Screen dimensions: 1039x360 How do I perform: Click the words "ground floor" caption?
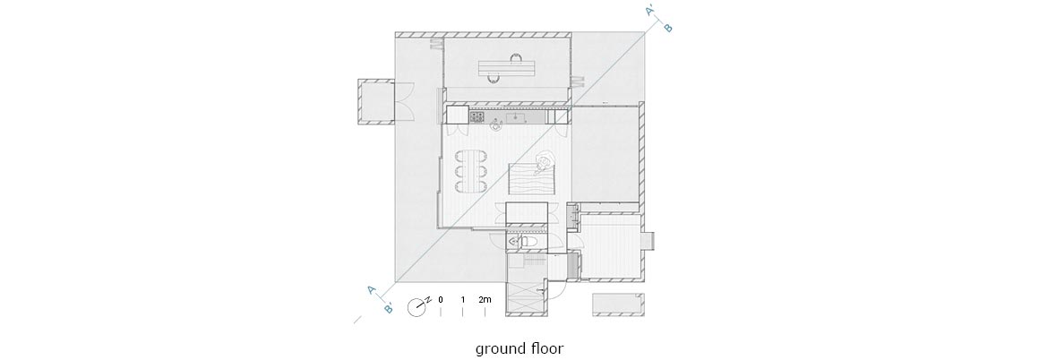click(519, 348)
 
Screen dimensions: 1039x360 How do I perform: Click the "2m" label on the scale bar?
click(485, 300)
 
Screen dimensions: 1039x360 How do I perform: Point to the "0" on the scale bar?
click(441, 300)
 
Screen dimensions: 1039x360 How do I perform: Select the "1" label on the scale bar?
click(462, 300)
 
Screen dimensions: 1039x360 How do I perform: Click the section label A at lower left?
click(372, 290)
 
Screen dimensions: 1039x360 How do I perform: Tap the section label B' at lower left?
click(389, 308)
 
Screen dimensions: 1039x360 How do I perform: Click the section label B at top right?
click(668, 28)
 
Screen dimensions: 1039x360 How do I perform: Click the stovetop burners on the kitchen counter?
click(477, 117)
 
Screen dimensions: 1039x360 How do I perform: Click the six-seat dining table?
click(470, 171)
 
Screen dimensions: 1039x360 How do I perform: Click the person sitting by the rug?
click(545, 160)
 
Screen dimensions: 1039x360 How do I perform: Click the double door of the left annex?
click(405, 103)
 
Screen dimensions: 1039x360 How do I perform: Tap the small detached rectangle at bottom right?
click(617, 304)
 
